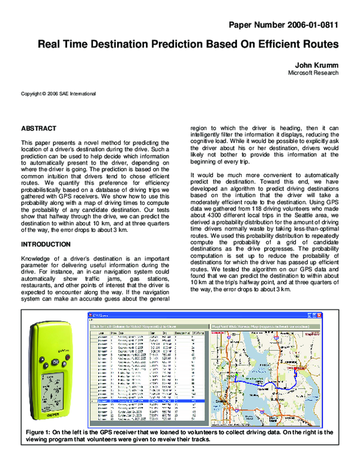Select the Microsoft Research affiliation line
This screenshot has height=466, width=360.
click(x=313, y=73)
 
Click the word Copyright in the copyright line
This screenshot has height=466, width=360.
click(x=32, y=94)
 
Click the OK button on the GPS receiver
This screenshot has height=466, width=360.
click(x=55, y=363)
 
